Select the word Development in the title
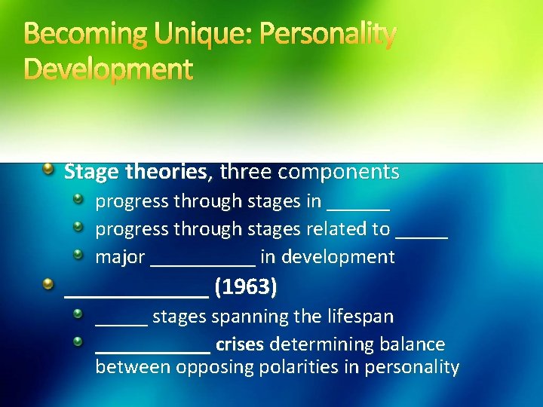click(109, 69)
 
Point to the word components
click(339, 172)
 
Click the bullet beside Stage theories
click(48, 170)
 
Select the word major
click(120, 257)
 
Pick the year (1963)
click(246, 287)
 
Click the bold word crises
click(239, 345)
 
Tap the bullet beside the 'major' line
click(78, 255)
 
